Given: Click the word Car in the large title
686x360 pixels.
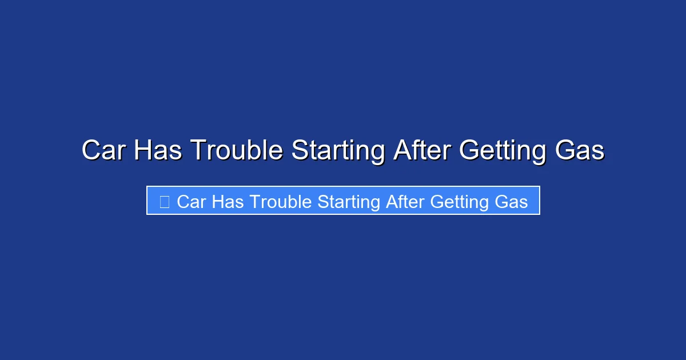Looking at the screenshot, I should pos(104,151).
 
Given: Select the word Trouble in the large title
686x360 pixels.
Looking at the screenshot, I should pos(236,151).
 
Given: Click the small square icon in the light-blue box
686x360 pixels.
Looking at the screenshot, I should pos(165,202).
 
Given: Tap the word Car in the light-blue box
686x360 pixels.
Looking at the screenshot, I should pos(191,202).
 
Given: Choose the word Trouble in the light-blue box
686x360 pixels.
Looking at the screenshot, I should pos(278,202).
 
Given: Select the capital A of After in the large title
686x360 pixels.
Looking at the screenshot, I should pos(402,151).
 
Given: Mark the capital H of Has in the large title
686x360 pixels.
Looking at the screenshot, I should pos(142,151).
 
